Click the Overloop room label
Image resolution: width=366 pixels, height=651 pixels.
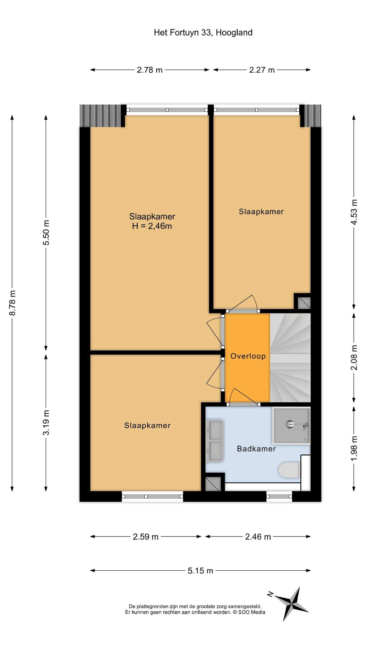(248, 356)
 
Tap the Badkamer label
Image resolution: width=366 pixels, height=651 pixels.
(256, 449)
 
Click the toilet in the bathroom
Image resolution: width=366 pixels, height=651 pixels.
(289, 470)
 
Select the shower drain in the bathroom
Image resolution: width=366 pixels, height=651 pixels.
(289, 424)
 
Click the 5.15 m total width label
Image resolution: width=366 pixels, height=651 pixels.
(200, 571)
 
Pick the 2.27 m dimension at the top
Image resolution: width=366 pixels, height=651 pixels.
(262, 70)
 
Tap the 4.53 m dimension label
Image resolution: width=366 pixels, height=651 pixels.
(354, 212)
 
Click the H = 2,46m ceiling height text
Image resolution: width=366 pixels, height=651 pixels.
(152, 226)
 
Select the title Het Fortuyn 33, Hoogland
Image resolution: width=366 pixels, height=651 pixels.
(203, 33)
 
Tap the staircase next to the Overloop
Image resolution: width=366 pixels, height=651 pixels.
(290, 357)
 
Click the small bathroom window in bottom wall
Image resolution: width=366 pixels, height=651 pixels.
(279, 496)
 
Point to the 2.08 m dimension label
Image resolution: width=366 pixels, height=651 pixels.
(354, 357)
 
